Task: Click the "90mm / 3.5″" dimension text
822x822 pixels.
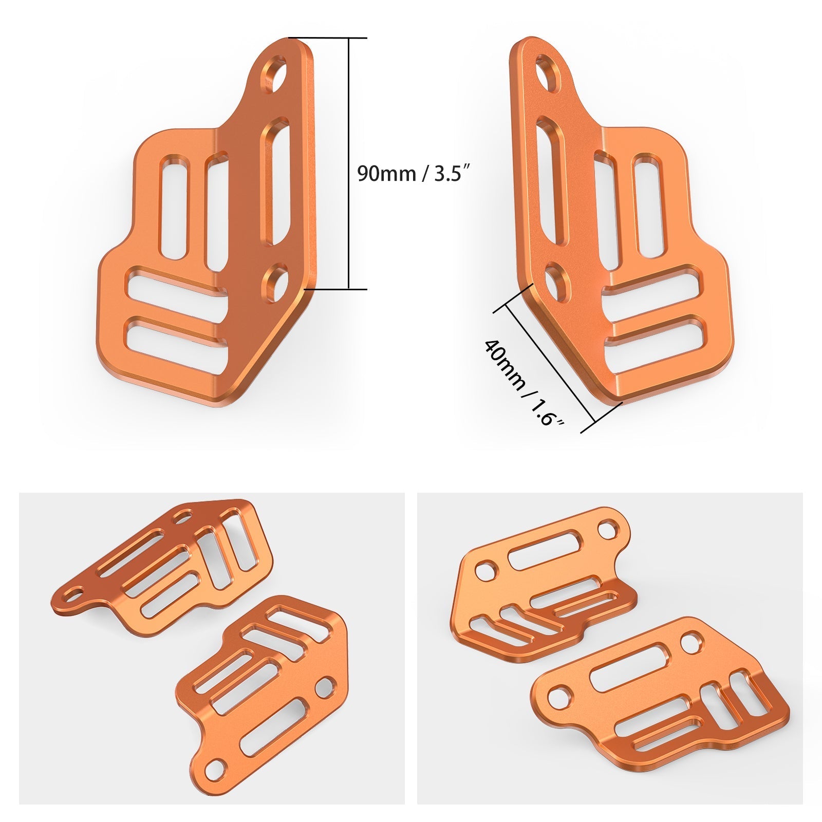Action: coord(414,174)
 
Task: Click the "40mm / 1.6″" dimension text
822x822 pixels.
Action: coord(523,383)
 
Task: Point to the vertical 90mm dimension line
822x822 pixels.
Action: coord(349,163)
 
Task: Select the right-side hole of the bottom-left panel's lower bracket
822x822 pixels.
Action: coord(325,687)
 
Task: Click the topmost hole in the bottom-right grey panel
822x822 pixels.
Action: coord(607,528)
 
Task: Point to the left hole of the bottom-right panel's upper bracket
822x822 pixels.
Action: coord(484,570)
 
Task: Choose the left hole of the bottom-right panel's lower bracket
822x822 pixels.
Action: coord(556,698)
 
